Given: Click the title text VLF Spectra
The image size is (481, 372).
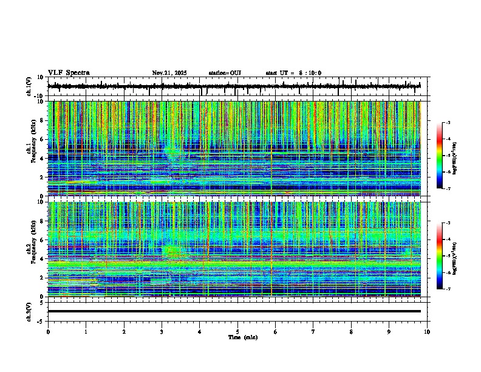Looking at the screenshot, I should [69, 73].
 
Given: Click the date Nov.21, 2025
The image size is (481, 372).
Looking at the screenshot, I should [169, 73].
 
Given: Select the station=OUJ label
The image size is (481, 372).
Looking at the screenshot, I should [225, 73].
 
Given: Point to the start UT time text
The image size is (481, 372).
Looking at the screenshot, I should [293, 73].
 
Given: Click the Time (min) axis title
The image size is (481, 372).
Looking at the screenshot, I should [237, 337].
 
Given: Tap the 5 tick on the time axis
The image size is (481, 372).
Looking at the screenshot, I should [237, 331].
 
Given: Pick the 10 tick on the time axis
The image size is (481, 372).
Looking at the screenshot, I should [427, 331].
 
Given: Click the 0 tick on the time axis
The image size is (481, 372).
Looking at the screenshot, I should [48, 331].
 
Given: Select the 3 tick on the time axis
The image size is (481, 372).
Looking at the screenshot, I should [162, 331].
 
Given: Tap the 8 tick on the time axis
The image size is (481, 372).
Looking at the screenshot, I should [351, 331].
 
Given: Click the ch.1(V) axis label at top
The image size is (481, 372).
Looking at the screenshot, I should [29, 86].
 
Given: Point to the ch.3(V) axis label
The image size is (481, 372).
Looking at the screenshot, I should [29, 311].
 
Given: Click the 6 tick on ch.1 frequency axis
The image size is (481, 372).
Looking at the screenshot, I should [43, 140].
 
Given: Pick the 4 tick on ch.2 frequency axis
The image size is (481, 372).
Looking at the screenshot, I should [43, 259].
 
